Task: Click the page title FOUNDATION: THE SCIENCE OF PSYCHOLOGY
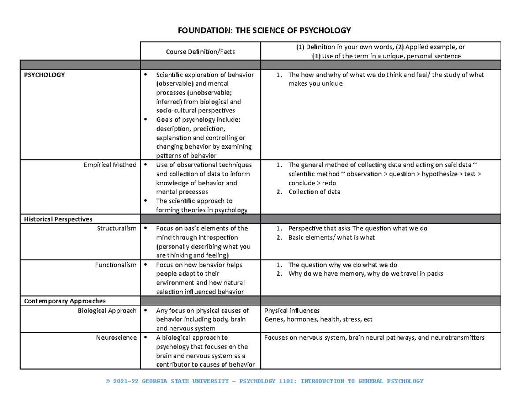coord(264,30)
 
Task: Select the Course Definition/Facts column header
coord(200,52)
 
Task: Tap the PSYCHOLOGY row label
coord(45,75)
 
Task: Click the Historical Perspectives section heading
coord(58,219)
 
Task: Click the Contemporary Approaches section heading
coord(65,301)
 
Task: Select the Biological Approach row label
coord(107,311)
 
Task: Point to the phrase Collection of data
coord(314,192)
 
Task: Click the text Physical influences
coord(291,311)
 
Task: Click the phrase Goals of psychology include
coord(196,120)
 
